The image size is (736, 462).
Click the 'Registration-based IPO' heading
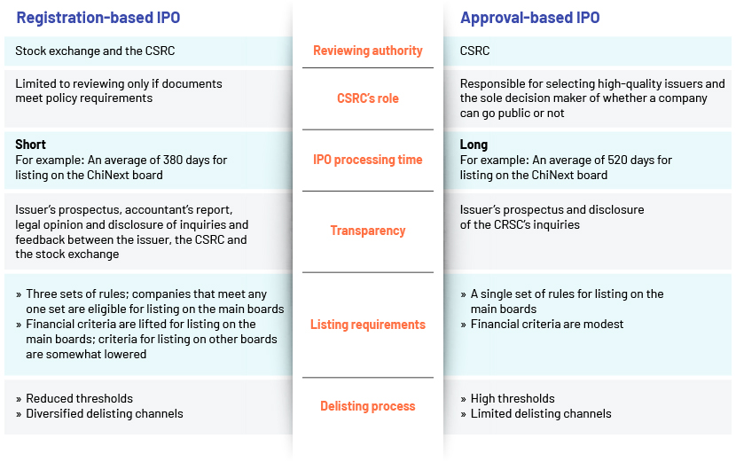point(98,18)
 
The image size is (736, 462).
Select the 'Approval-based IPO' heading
point(530,18)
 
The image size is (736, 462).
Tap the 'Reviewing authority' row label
point(368,51)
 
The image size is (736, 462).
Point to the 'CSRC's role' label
point(368,98)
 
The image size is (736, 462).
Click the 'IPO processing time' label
point(368,160)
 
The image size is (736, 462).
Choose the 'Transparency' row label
point(368,231)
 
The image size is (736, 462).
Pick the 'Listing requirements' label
point(368,325)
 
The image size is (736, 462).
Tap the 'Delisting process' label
point(368,406)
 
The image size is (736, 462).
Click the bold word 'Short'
point(30,145)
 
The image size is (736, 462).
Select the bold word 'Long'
point(474,145)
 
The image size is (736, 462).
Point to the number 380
point(173,160)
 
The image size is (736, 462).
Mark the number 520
point(618,160)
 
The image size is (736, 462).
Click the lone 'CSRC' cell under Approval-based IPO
point(474,51)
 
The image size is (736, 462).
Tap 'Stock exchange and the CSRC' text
point(95,51)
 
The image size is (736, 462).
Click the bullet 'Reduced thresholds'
point(79,399)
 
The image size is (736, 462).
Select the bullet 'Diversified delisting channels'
point(105,413)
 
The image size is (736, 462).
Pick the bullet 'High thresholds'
point(513,399)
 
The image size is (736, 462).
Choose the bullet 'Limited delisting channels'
point(541,413)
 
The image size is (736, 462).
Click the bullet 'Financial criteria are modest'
point(547,324)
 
